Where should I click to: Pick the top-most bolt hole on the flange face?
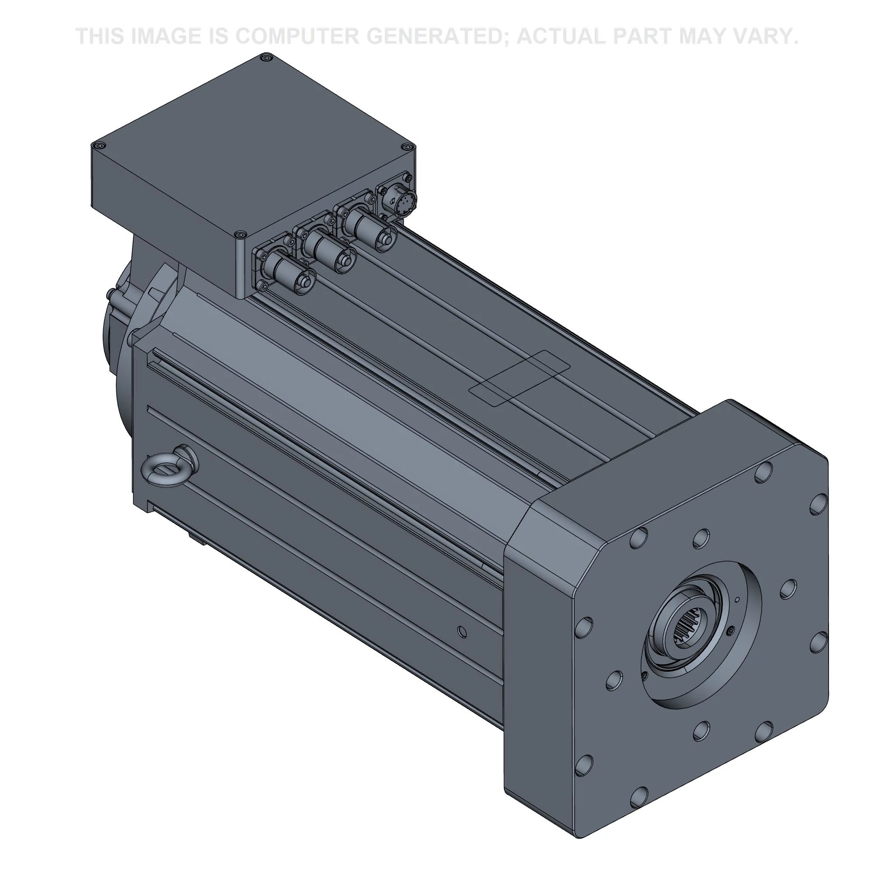click(762, 472)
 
